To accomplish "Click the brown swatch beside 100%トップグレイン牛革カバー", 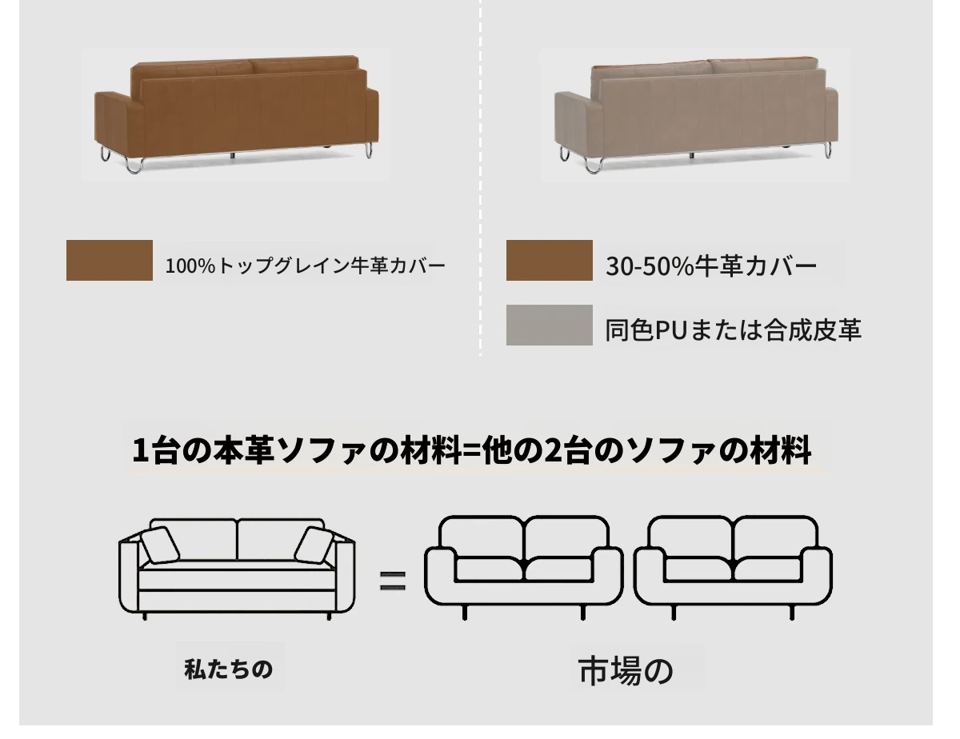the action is click(x=110, y=261).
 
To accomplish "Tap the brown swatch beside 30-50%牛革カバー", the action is click(x=549, y=261).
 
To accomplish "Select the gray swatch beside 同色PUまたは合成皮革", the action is click(x=549, y=325).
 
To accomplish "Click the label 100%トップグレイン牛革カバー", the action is click(x=306, y=266).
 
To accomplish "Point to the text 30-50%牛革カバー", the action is click(x=711, y=266).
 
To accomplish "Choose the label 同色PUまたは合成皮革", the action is click(x=734, y=330).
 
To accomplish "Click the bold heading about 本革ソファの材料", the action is click(x=471, y=450).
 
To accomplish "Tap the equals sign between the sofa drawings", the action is click(x=393, y=581).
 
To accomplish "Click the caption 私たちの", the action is click(x=229, y=669).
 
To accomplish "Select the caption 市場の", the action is click(x=626, y=671).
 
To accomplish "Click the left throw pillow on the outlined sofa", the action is click(x=160, y=545).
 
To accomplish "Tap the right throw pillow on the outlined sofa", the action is click(x=314, y=545).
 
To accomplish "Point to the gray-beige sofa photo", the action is click(x=696, y=115).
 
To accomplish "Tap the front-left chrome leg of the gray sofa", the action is click(x=594, y=166).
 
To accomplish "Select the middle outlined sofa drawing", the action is click(x=523, y=568).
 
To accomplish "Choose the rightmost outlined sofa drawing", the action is click(x=734, y=568).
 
